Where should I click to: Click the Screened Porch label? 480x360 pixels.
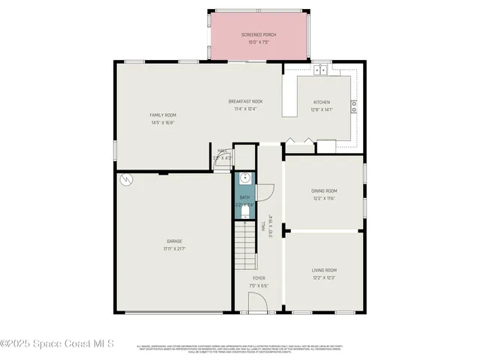[257, 35]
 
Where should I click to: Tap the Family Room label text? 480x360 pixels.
[163, 115]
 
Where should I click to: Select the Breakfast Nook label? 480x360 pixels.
[245, 101]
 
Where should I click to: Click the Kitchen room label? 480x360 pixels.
[322, 102]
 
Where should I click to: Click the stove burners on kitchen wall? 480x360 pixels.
[353, 106]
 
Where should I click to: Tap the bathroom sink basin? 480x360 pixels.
[244, 180]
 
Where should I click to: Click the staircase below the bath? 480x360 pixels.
[244, 247]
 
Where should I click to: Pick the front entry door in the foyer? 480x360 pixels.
[258, 303]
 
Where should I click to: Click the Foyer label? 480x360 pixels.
[259, 278]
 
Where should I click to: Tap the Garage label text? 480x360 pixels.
[174, 241]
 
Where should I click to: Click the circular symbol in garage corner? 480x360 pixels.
[127, 180]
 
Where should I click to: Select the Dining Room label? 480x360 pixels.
[324, 191]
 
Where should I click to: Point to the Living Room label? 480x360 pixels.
[324, 270]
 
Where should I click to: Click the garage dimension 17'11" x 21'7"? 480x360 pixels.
[174, 248]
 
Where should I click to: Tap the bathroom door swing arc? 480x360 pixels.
[266, 191]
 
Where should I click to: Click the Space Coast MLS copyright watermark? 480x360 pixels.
[57, 343]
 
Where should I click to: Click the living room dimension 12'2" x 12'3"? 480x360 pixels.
[324, 277]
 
